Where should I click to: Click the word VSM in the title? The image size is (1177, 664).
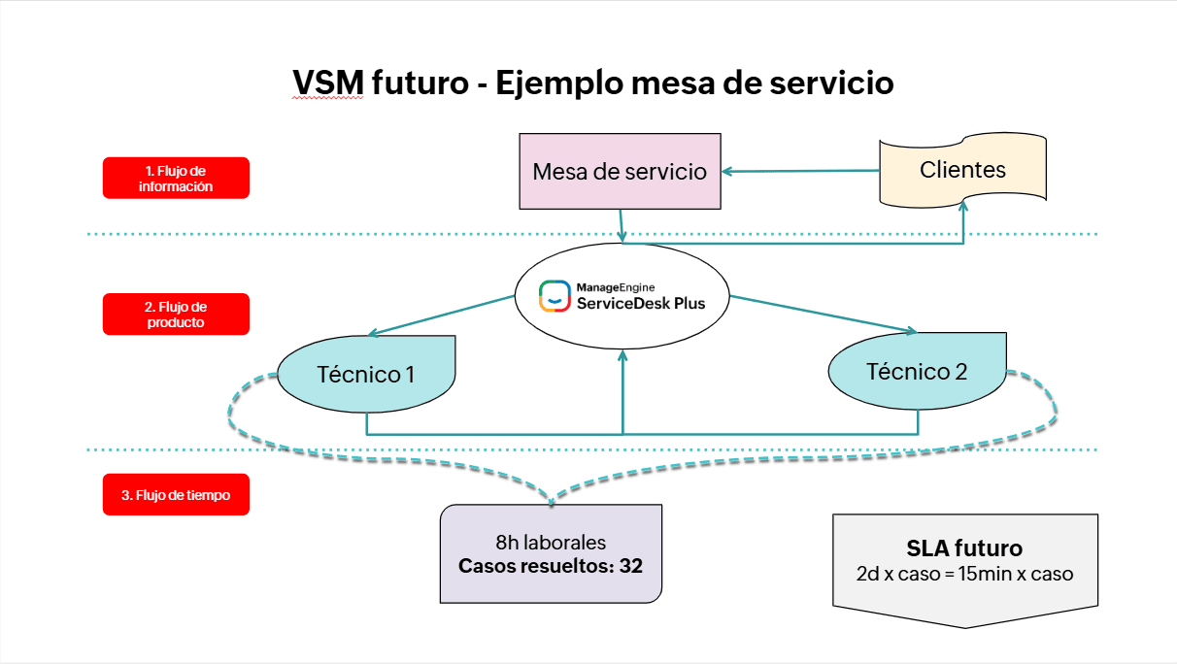click(328, 83)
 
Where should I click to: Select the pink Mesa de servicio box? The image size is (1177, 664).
click(621, 172)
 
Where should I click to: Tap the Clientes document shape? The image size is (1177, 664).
click(962, 170)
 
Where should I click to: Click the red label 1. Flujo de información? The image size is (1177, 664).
click(176, 179)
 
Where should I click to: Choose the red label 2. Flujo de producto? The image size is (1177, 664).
click(176, 315)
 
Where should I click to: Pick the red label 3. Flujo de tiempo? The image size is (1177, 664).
click(176, 495)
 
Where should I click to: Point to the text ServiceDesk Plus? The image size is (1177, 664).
click(639, 303)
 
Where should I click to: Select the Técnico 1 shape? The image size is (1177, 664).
click(366, 373)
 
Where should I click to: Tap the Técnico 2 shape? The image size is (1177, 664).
click(917, 371)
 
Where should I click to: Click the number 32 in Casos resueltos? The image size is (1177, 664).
click(631, 566)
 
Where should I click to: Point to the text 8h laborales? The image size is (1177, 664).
click(551, 544)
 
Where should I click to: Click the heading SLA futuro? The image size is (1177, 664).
click(964, 548)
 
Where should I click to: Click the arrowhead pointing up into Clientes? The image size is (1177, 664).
click(964, 208)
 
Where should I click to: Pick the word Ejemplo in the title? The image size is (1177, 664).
click(555, 83)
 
